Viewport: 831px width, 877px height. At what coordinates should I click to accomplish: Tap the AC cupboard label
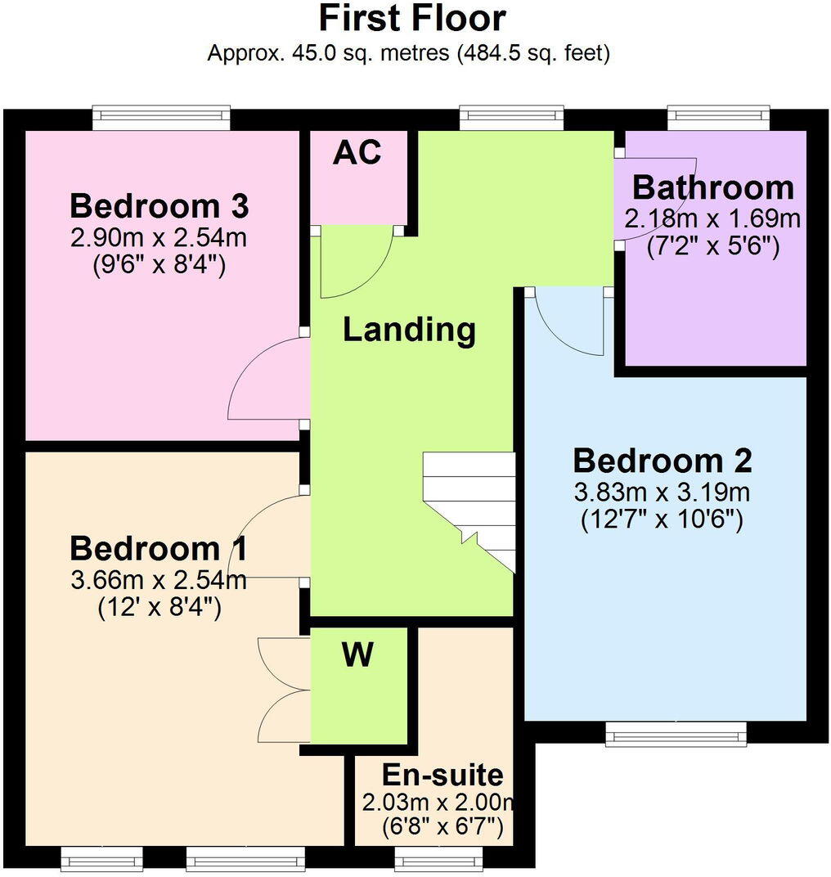coord(357,152)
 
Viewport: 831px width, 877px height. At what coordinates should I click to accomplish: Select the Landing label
coord(409,330)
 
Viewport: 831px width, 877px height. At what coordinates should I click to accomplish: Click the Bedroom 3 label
coord(159,206)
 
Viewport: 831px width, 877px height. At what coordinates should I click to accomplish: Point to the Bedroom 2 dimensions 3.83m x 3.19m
coord(662,492)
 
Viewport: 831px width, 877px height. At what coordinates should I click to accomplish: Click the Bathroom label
coord(712,188)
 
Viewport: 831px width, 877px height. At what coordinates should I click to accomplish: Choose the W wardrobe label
coord(357,655)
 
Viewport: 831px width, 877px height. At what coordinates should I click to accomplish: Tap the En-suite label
coord(442,775)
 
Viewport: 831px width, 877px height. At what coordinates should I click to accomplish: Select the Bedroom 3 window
coord(161,118)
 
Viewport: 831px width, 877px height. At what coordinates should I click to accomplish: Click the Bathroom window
coord(719,118)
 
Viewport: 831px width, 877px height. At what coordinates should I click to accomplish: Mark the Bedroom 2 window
coord(676,734)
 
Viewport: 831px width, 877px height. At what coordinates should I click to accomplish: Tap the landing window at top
coord(511,118)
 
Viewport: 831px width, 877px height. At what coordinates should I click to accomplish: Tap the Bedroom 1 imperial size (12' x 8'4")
coord(159,608)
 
